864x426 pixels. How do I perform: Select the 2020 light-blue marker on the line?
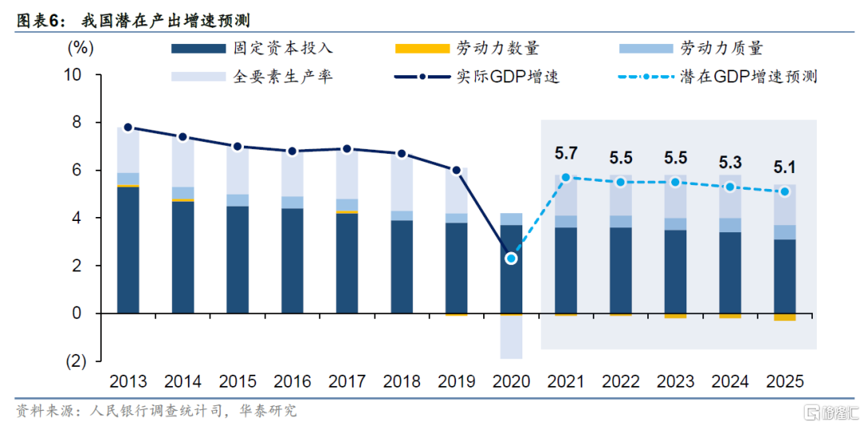point(511,258)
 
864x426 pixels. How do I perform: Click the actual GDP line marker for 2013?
point(128,127)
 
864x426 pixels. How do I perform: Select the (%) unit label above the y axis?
point(80,46)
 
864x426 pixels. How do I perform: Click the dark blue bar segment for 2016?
point(292,260)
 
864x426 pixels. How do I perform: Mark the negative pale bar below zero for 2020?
point(511,336)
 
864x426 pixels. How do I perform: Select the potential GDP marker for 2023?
point(675,182)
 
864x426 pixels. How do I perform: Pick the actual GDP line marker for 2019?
point(456,170)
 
